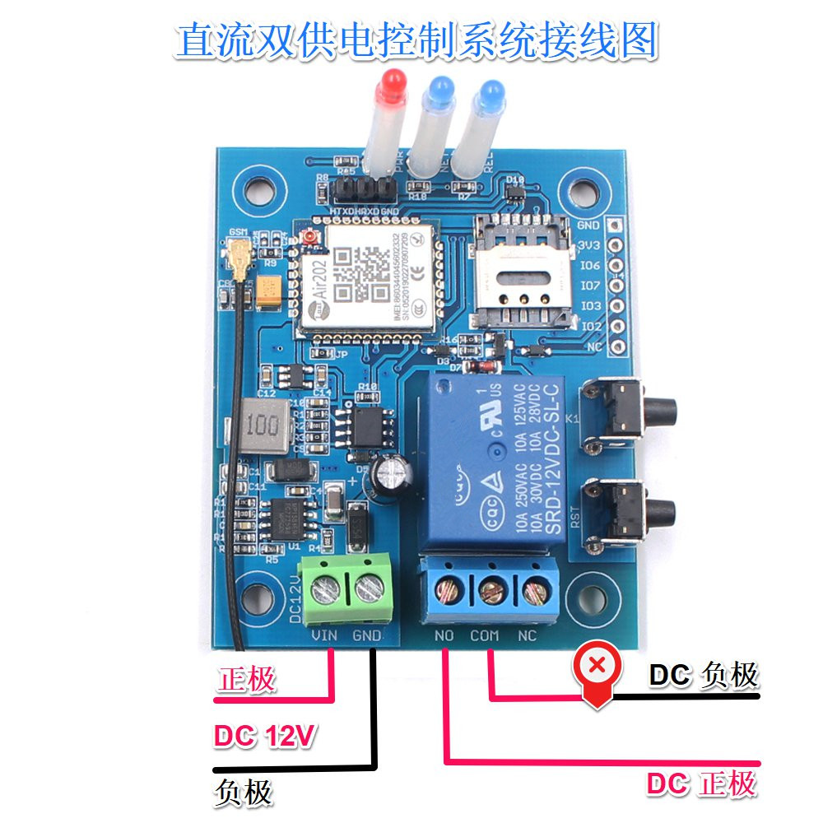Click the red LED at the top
pos(392,85)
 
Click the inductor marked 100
pos(261,428)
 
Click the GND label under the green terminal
pos(366,635)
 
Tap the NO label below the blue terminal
pos(444,635)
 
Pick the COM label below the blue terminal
pos(485,635)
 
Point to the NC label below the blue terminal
pos(527,635)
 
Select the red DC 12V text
pos(264,736)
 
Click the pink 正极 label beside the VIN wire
pos(247,680)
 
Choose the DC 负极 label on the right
pos(703,676)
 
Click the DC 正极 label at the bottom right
pos(700,784)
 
